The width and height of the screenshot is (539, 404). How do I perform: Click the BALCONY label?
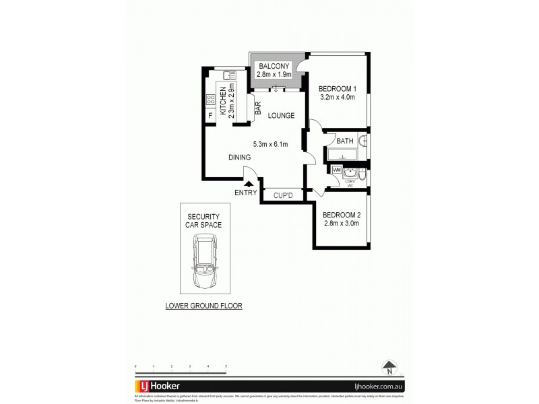pos(274,66)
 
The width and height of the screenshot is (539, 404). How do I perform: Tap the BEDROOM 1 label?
pos(337,88)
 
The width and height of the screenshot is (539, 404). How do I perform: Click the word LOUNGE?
pos(281,116)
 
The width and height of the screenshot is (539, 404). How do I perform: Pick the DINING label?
pos(239,157)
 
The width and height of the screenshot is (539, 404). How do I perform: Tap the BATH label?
pos(344,141)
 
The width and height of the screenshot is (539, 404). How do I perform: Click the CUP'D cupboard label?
pos(282,196)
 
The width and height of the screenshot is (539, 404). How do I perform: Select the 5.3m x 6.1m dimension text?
pos(270,144)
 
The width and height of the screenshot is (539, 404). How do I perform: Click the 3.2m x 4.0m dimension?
pos(337,98)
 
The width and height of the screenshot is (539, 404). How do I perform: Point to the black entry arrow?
pos(249,182)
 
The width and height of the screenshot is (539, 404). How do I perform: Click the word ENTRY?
pos(245,193)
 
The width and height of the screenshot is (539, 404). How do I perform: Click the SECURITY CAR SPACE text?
pos(203,221)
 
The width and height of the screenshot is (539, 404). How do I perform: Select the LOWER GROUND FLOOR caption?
pos(203,305)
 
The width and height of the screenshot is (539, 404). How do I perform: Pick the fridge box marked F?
pos(210,115)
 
